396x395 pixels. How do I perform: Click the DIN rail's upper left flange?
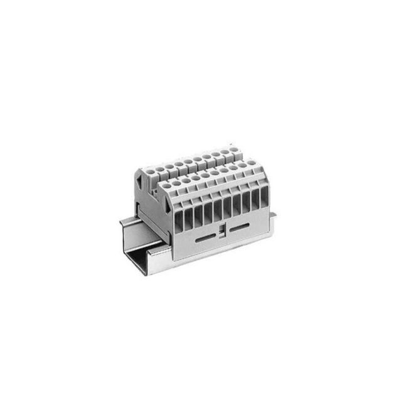[x=132, y=216]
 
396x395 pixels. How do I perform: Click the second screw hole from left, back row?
[x=161, y=168]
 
